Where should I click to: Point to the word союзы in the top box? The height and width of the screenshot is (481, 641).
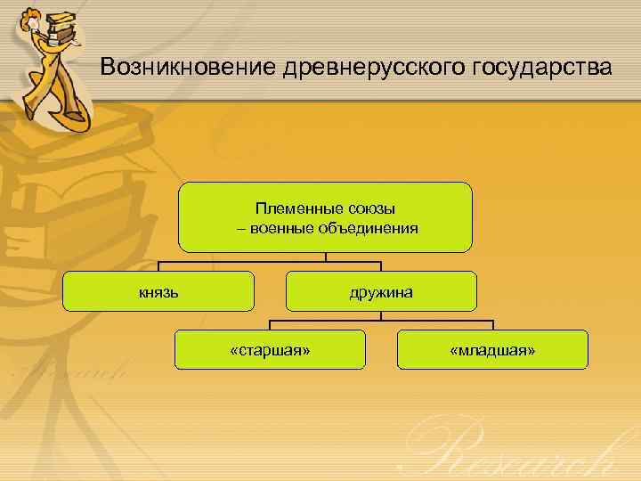365,208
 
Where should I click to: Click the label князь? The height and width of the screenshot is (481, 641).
159,291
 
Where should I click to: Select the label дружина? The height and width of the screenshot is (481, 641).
381,291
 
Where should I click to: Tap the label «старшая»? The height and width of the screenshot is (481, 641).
270,350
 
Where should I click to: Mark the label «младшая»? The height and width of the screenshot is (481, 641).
493,350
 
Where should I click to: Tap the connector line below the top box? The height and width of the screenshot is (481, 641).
326,259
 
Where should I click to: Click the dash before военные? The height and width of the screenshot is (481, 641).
241,228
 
